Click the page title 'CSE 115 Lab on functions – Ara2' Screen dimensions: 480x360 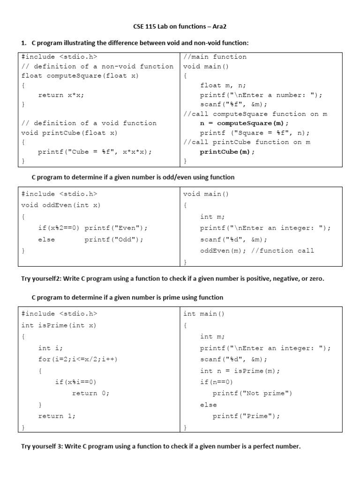pyautogui.click(x=180, y=28)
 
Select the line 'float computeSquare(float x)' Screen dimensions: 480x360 pyautogui.click(x=80, y=76)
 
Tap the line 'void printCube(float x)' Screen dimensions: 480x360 pyautogui.click(x=70, y=133)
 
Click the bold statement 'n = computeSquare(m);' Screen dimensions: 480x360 pyautogui.click(x=244, y=123)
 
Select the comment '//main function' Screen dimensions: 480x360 pyautogui.click(x=215, y=57)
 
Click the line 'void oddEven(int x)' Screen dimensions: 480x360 pyautogui.click(x=61, y=205)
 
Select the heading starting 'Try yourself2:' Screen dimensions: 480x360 pyautogui.click(x=172, y=278)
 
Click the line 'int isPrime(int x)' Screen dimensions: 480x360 pyautogui.click(x=59, y=325)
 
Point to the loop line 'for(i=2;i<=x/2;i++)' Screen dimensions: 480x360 pyautogui.click(x=78, y=360)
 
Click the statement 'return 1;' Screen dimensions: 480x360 pyautogui.click(x=57, y=416)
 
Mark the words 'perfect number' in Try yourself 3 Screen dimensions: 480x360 pyautogui.click(x=276, y=446)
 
